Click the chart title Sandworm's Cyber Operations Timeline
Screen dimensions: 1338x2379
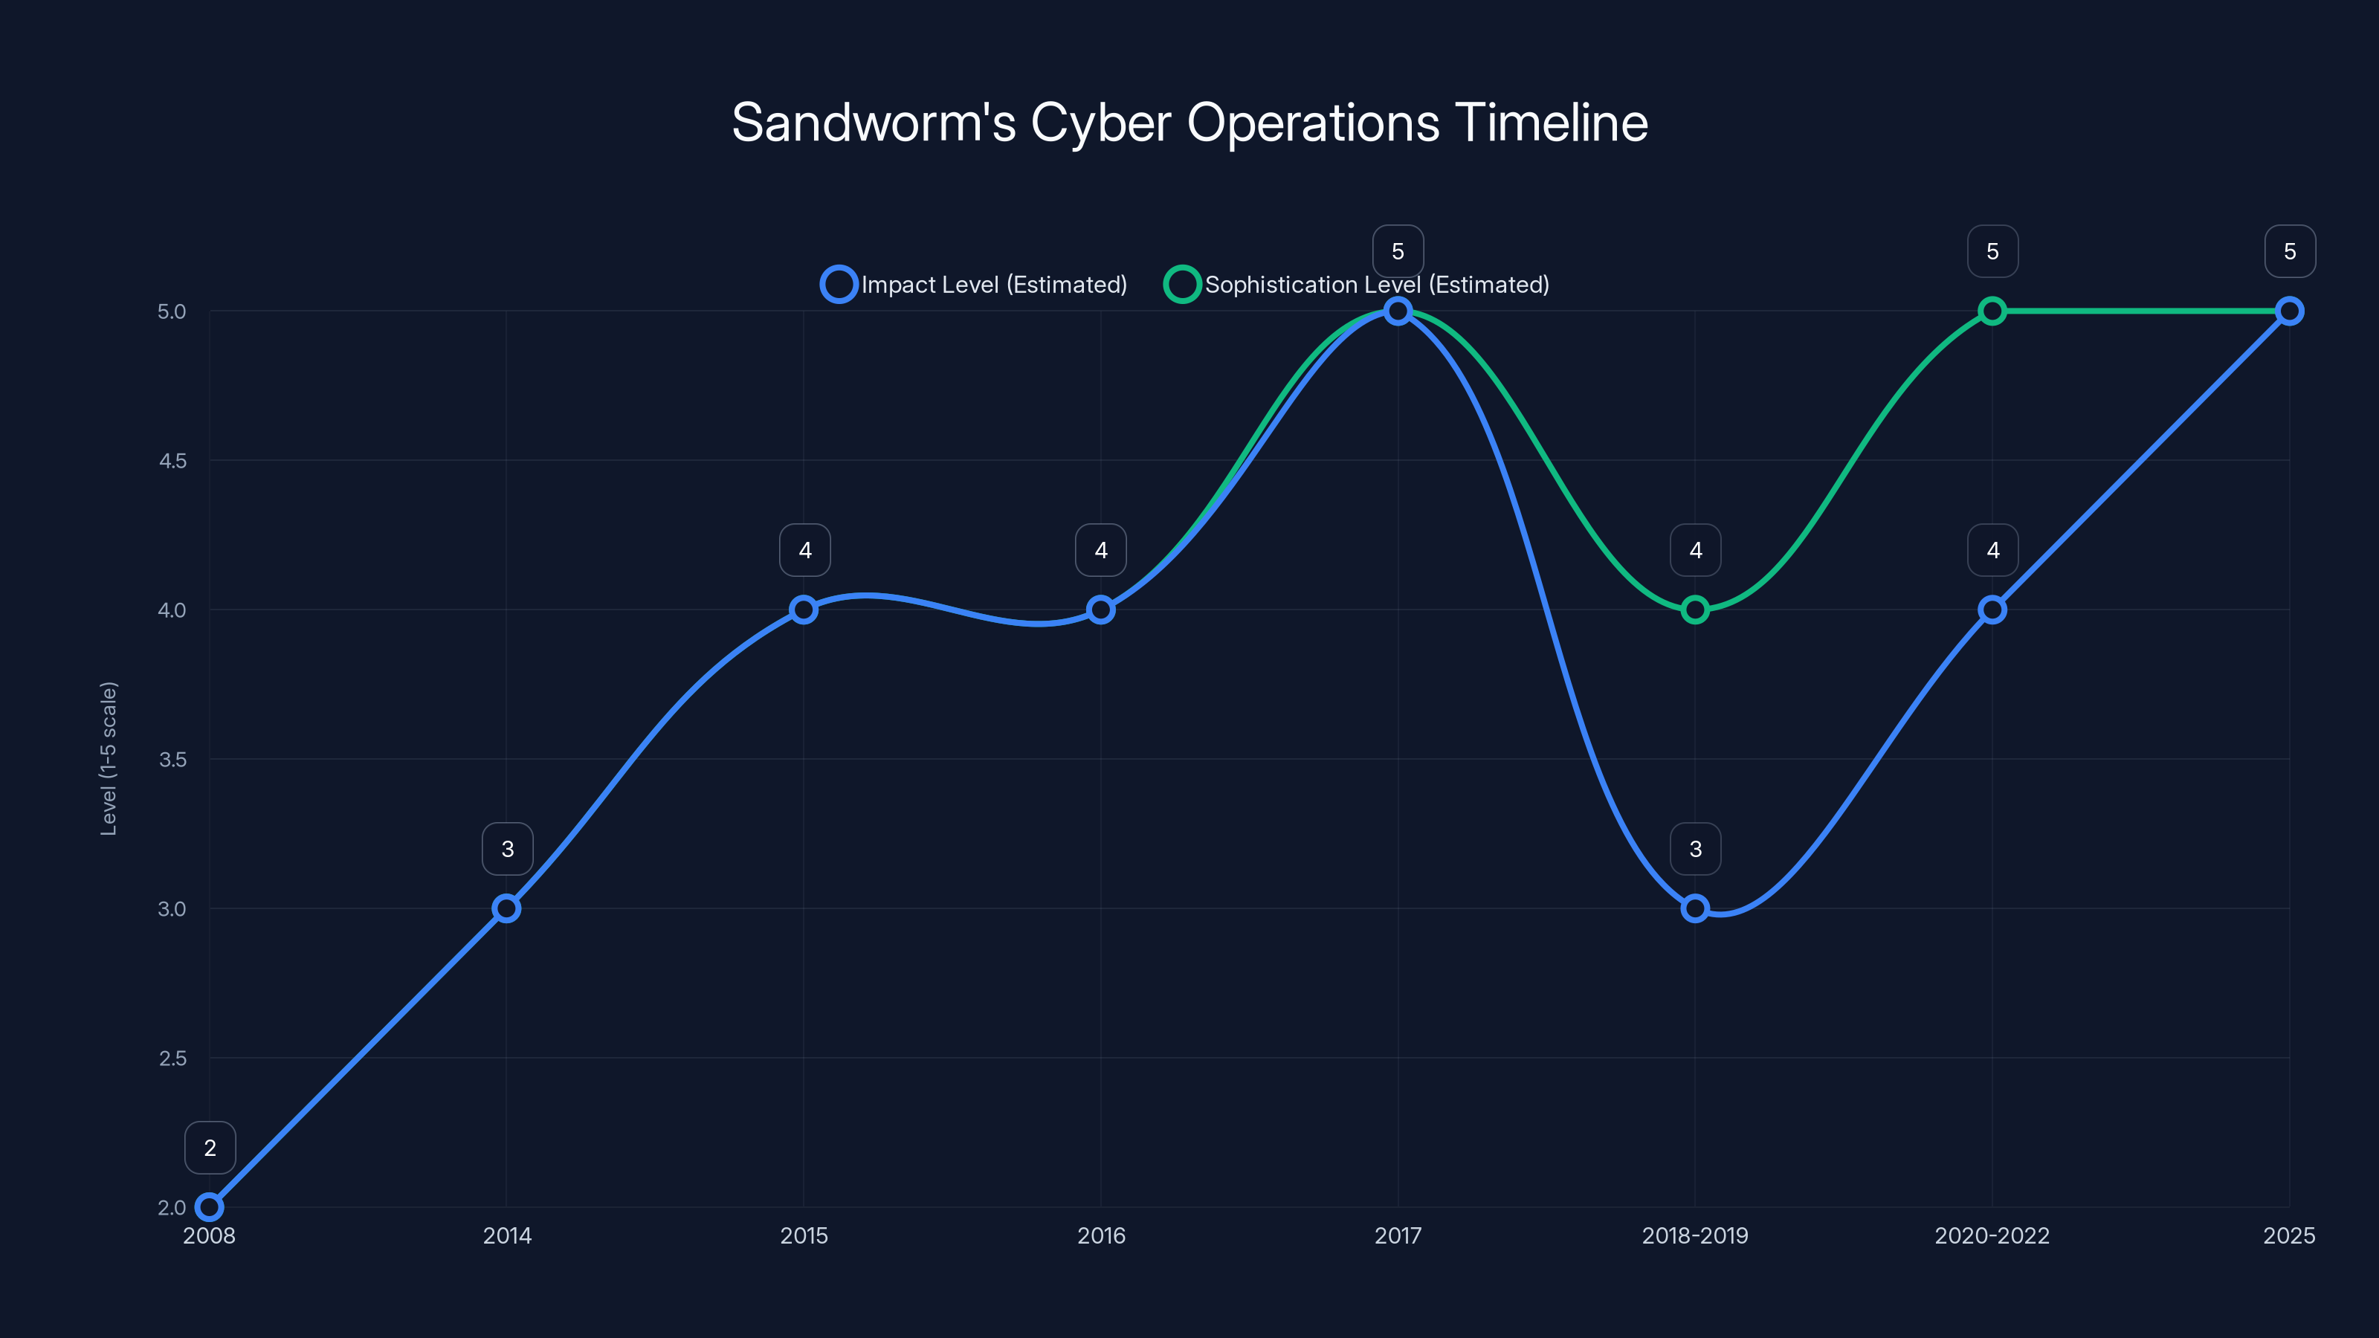coord(1189,123)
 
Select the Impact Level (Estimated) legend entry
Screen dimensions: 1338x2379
coord(975,285)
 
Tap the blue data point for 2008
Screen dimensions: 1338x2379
coord(210,1207)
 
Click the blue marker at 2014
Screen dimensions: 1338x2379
coord(506,908)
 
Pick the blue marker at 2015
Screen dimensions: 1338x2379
coord(804,610)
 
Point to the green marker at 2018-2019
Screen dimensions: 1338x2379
coord(1695,610)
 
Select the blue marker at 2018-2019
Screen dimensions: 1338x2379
coord(1695,908)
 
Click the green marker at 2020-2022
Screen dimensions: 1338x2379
coord(1992,311)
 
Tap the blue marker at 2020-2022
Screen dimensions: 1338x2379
coord(1992,610)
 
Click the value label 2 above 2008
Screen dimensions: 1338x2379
coord(210,1148)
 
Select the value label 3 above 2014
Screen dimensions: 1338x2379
coord(507,849)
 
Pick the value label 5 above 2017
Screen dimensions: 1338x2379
coord(1398,251)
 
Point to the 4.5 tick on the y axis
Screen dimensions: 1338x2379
coord(172,461)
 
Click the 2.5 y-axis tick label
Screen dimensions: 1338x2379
coord(172,1059)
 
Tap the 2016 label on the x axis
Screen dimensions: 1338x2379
coord(1101,1235)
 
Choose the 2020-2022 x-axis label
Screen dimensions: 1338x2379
coord(1992,1235)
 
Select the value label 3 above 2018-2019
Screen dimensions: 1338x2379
coord(1696,849)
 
